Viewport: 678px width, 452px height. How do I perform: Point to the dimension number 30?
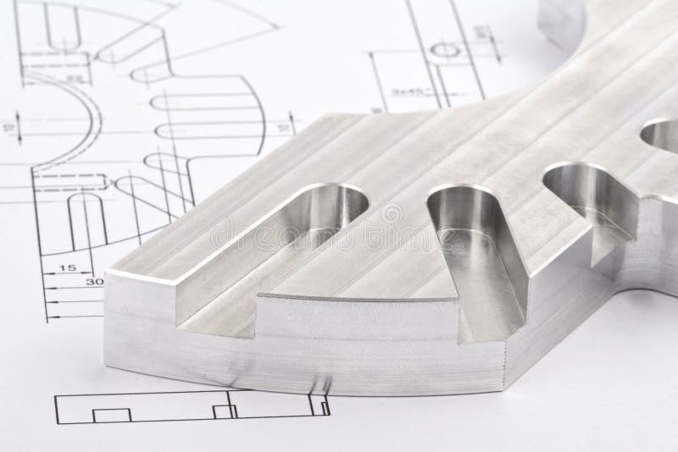coord(94,283)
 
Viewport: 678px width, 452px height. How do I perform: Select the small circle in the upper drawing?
coord(444,50)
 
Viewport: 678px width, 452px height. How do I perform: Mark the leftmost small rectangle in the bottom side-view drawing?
coord(110,415)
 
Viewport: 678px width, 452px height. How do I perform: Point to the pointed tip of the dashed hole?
coord(108,181)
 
